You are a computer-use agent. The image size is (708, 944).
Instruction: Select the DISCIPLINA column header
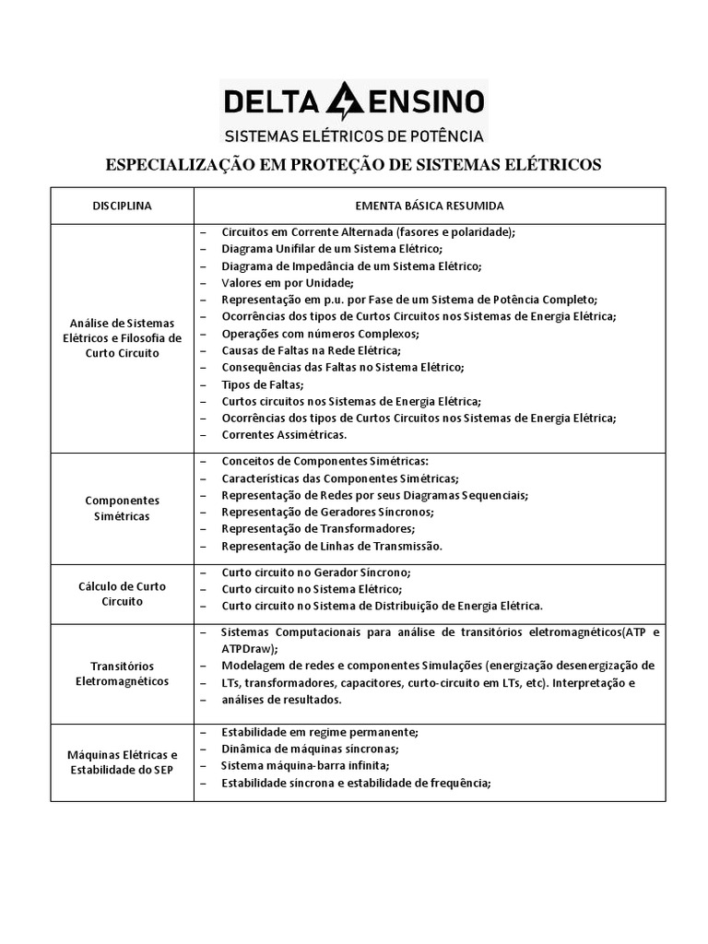pyautogui.click(x=122, y=205)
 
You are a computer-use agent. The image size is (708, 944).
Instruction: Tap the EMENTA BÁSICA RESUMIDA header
pyautogui.click(x=429, y=205)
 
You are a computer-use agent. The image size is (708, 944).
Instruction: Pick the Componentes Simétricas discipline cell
pyautogui.click(x=122, y=508)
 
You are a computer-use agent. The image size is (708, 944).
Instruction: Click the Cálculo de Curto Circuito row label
pyautogui.click(x=122, y=593)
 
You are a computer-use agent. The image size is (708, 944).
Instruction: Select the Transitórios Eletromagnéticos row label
pyautogui.click(x=122, y=673)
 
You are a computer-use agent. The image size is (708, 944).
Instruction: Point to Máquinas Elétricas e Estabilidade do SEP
pyautogui.click(x=122, y=761)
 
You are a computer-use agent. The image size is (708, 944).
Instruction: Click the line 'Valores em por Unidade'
pyautogui.click(x=288, y=282)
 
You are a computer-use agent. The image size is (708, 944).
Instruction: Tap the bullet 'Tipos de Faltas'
pyautogui.click(x=263, y=383)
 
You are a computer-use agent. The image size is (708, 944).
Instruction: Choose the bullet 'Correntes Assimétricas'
pyautogui.click(x=285, y=433)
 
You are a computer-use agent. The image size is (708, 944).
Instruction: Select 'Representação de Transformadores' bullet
pyautogui.click(x=318, y=528)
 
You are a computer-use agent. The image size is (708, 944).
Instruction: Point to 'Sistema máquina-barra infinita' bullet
pyautogui.click(x=305, y=765)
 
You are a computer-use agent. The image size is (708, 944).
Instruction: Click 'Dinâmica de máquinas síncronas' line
pyautogui.click(x=311, y=749)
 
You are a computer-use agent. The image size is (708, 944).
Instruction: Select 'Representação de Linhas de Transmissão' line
pyautogui.click(x=332, y=545)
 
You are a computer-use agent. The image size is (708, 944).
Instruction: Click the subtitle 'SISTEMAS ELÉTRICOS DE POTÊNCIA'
pyautogui.click(x=355, y=136)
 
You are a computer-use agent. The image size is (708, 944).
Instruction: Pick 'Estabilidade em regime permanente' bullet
pyautogui.click(x=320, y=732)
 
